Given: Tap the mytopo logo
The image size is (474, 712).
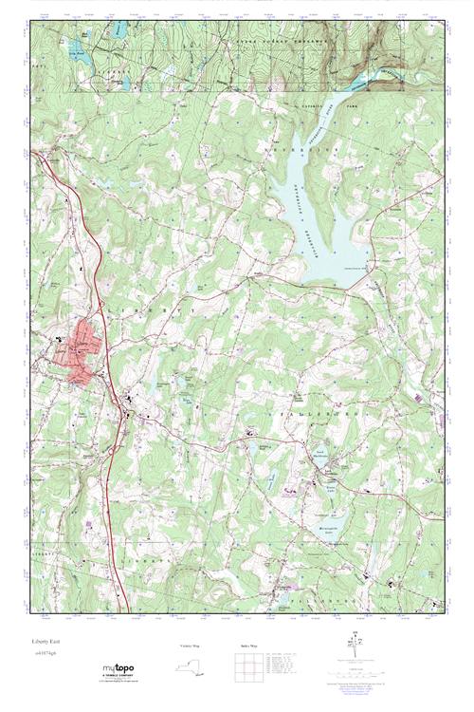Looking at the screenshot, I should (x=118, y=670).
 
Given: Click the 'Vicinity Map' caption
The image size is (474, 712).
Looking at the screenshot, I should (x=191, y=646).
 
